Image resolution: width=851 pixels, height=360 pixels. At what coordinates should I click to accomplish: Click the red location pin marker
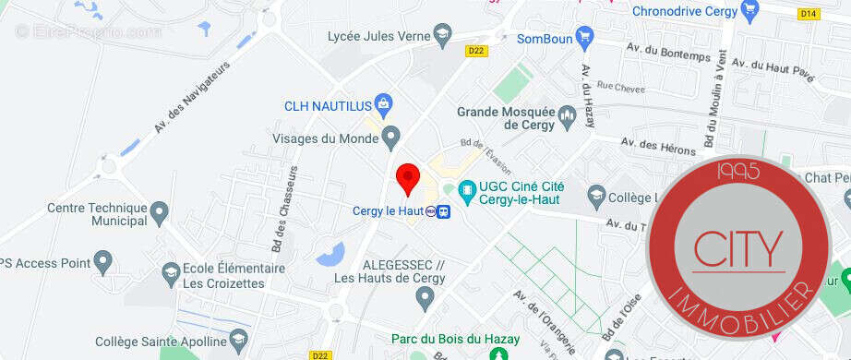(x=408, y=177)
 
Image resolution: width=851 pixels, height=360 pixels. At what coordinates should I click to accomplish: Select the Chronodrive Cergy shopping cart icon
(x=749, y=12)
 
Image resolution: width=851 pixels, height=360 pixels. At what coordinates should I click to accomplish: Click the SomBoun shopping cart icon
(x=583, y=38)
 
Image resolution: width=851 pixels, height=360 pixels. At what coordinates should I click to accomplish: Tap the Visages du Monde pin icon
(x=391, y=138)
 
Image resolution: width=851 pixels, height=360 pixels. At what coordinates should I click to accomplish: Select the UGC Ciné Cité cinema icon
(x=467, y=193)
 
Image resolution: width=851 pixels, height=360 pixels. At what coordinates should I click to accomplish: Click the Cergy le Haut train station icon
(x=444, y=211)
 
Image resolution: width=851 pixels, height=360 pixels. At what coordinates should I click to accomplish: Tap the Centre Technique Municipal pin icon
(x=159, y=214)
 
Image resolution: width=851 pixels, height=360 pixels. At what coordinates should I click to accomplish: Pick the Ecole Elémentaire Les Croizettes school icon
(x=170, y=273)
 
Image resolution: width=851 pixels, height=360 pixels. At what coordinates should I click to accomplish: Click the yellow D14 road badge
(x=809, y=13)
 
